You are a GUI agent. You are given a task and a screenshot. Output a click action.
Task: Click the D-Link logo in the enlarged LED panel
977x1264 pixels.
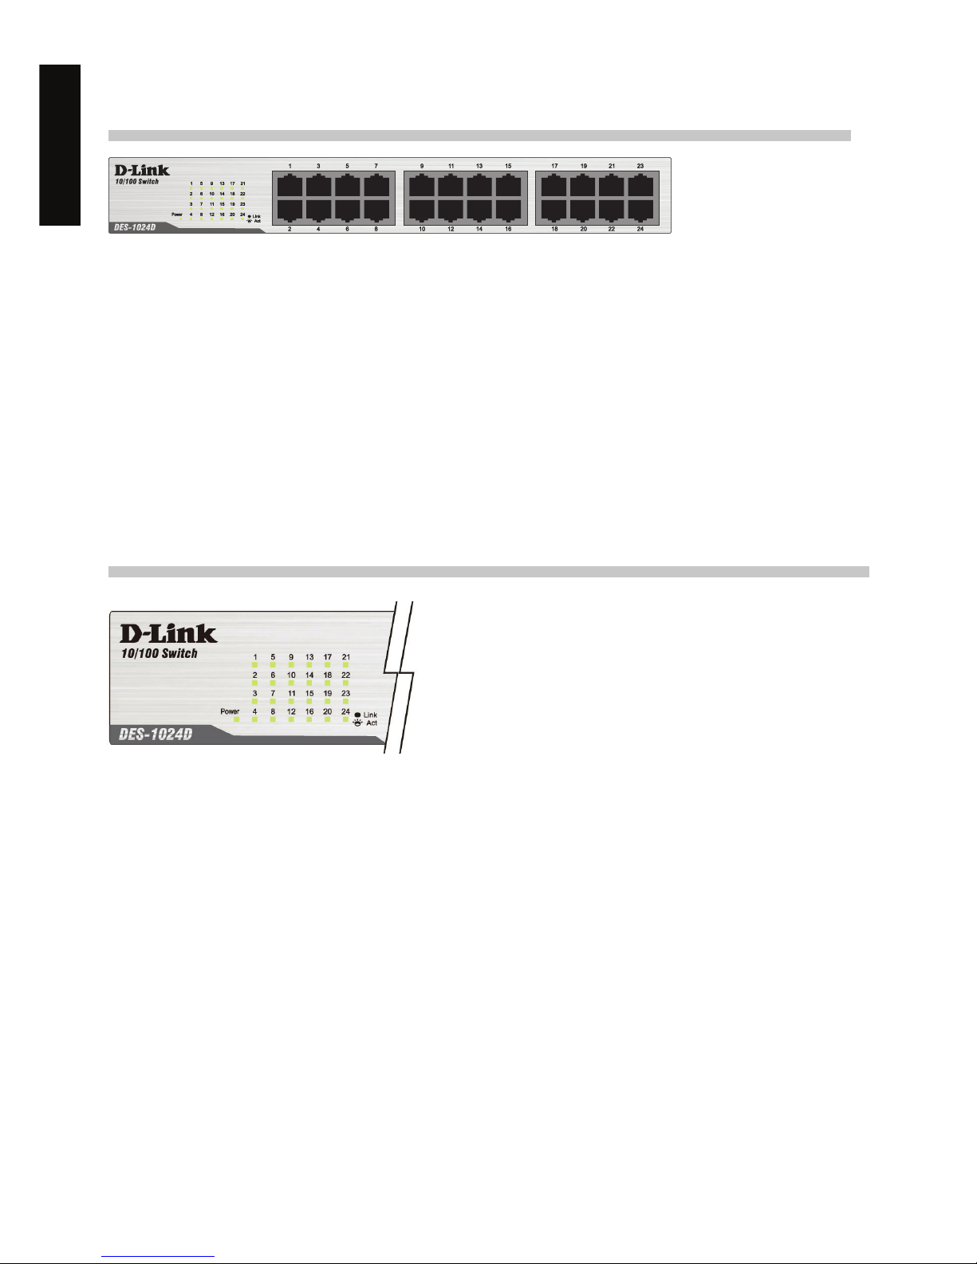pos(168,634)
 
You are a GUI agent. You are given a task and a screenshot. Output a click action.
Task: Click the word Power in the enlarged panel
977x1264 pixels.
pos(230,711)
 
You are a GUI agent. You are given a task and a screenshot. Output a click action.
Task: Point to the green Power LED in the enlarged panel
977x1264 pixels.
pos(237,719)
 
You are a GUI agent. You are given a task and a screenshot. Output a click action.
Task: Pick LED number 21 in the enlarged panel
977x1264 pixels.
pos(345,657)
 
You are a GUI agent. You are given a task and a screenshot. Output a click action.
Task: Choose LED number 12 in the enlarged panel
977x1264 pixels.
pos(291,711)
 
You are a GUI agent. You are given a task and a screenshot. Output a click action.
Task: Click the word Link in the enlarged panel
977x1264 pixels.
pos(370,715)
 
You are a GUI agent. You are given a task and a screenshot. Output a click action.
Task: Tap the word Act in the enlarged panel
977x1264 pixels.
pos(372,723)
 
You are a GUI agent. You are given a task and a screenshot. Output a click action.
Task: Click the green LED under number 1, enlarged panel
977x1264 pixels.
pos(255,665)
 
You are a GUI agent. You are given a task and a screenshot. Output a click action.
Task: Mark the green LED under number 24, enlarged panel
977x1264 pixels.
pos(345,719)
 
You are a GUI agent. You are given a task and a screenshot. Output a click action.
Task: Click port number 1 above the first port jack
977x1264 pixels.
pos(290,166)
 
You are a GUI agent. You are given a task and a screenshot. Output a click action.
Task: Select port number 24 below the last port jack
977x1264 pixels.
pos(640,229)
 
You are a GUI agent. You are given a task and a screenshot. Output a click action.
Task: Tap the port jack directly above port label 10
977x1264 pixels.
pos(422,210)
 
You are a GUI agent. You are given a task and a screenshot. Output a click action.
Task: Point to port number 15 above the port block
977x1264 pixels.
pos(508,166)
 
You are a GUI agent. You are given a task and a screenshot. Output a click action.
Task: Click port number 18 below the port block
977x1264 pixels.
pos(554,229)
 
